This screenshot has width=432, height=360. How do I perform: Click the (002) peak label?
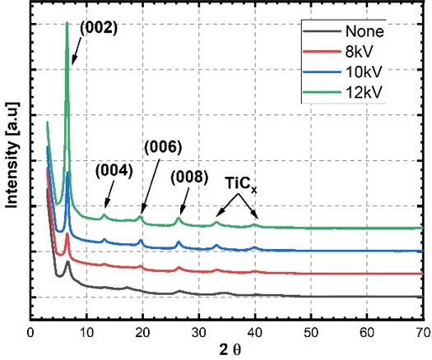coord(99,28)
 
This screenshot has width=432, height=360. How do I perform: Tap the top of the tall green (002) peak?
coord(67,23)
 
